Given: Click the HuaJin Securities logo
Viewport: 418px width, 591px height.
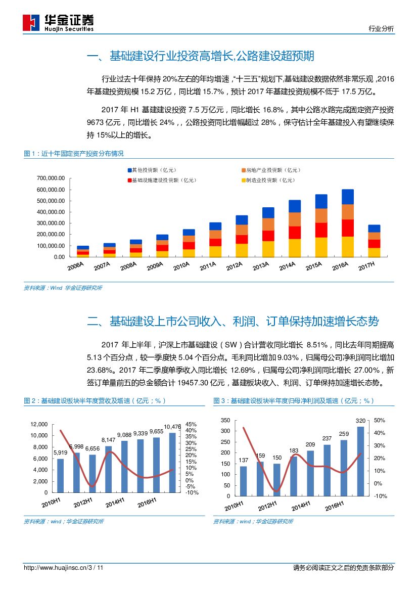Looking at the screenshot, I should pyautogui.click(x=58, y=23).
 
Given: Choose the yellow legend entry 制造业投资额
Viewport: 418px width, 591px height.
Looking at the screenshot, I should pyautogui.click(x=268, y=180).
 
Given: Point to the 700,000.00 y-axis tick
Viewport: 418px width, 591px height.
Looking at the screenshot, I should pyautogui.click(x=51, y=178).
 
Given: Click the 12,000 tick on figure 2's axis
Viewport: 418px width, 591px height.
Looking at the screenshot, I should pyautogui.click(x=38, y=424).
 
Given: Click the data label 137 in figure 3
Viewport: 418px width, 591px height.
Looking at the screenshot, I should pyautogui.click(x=243, y=460).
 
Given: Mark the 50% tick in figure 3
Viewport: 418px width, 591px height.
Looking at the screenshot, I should pyautogui.click(x=380, y=420).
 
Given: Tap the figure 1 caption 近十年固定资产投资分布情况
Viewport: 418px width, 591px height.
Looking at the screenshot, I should pyautogui.click(x=74, y=153).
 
